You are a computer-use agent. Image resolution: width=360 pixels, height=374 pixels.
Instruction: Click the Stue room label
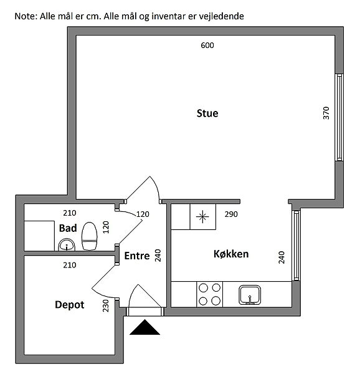point(207,113)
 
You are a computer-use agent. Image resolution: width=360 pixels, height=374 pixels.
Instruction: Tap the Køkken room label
point(231,254)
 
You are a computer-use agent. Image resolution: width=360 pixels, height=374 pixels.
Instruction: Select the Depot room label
point(70,305)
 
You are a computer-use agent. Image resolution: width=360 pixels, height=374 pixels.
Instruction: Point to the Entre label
point(137,256)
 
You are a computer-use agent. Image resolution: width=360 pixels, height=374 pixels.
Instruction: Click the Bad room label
point(68,228)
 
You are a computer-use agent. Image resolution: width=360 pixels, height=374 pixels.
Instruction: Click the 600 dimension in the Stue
point(207,46)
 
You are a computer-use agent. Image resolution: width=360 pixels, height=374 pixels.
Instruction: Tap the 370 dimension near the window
point(326,113)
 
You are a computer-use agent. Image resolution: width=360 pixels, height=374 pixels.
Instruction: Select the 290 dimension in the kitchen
point(231,214)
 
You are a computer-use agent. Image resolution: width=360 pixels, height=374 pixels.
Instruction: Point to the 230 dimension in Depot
point(105,305)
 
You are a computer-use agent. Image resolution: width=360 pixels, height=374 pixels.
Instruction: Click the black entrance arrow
point(144,328)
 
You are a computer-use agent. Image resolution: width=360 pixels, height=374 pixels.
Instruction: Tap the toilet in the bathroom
point(89,236)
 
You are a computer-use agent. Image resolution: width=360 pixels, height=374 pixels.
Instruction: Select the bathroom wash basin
point(67,245)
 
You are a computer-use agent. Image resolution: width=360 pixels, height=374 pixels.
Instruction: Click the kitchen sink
point(250,295)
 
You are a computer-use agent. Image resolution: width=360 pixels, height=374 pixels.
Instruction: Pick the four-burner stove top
point(210,294)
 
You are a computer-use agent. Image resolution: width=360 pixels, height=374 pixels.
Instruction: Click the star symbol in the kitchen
point(202,216)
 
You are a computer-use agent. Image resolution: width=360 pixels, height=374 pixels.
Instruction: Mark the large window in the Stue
point(339,117)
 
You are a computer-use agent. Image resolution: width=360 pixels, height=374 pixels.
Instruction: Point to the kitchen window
point(296,246)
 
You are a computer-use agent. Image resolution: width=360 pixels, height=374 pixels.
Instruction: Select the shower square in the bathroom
point(39,236)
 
